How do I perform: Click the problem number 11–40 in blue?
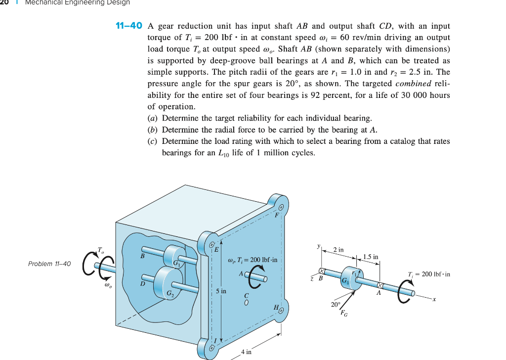pyautogui.click(x=128, y=26)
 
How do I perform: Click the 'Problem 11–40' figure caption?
pyautogui.click(x=49, y=264)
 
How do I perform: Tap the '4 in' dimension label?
pyautogui.click(x=246, y=352)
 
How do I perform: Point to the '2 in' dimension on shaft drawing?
pyautogui.click(x=338, y=250)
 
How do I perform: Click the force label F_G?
pyautogui.click(x=344, y=313)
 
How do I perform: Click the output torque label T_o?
pyautogui.click(x=101, y=250)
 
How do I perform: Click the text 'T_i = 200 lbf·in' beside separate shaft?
pyautogui.click(x=428, y=274)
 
